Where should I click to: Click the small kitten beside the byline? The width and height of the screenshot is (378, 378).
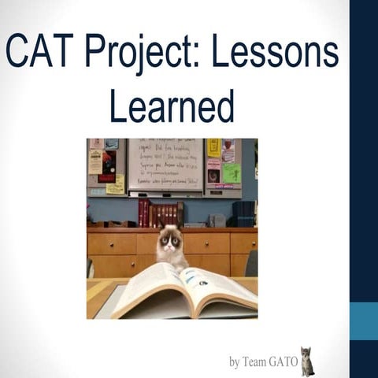pos(306,361)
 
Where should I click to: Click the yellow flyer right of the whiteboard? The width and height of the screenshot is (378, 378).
pos(213,148)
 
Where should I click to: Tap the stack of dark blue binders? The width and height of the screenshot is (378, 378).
pos(245,213)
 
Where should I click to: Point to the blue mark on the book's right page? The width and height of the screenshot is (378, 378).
pos(202,283)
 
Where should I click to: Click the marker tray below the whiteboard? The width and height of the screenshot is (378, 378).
pos(165,194)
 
